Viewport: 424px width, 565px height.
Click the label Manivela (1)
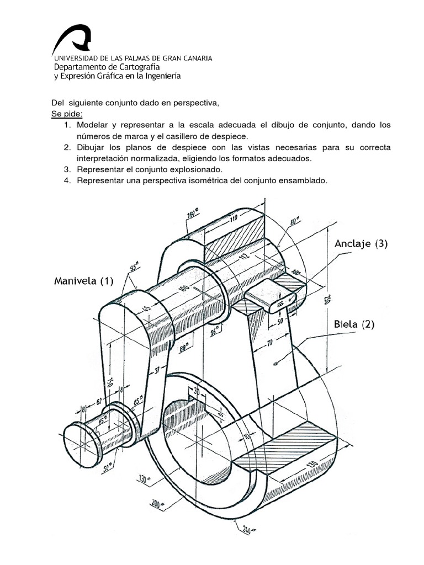(x=83, y=281)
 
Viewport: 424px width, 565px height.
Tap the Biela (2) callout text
(x=354, y=324)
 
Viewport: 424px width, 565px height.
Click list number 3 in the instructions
(x=66, y=169)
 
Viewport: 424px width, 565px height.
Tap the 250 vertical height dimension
(x=326, y=299)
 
